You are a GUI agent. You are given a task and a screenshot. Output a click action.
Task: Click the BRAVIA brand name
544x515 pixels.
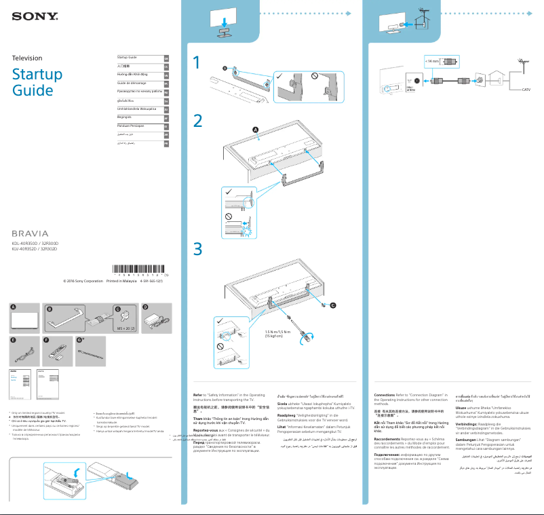tap(31, 233)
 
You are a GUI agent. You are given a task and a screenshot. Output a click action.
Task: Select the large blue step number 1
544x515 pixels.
tap(197, 63)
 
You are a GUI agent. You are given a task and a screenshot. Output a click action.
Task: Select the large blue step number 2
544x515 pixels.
tap(197, 121)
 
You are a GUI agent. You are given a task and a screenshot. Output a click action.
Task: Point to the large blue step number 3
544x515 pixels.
tap(197, 249)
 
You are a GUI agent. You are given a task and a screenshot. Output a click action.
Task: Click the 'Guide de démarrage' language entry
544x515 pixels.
tap(133, 82)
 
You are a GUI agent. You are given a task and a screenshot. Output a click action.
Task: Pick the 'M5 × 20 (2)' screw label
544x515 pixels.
tap(127, 328)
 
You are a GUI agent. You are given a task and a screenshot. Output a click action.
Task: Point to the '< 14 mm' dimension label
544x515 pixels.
tap(432, 61)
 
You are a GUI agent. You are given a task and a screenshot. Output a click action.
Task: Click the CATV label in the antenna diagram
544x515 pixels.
tap(526, 90)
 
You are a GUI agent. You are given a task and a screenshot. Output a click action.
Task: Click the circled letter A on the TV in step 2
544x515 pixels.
tap(256, 130)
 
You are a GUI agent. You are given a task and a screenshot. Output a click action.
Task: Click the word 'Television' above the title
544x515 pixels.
tap(27, 58)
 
